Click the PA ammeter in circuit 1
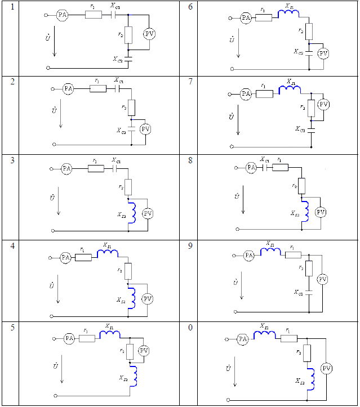click(x=62, y=16)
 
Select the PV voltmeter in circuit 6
click(x=323, y=53)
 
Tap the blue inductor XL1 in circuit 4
click(x=107, y=254)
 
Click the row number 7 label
click(x=190, y=81)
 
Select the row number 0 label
click(x=190, y=327)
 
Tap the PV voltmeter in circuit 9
click(x=322, y=279)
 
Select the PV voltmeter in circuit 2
click(x=145, y=129)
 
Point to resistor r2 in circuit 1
click(x=128, y=35)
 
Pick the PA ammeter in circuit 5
click(x=69, y=338)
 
